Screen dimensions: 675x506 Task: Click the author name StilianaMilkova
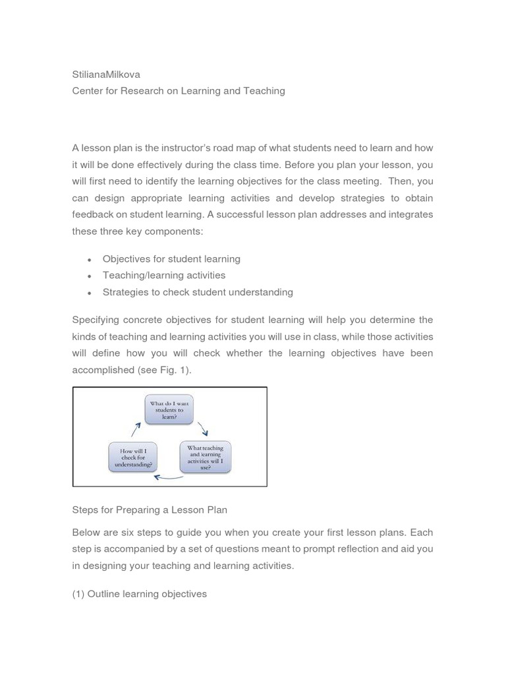pos(106,74)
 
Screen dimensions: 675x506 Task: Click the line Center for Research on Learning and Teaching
pos(179,91)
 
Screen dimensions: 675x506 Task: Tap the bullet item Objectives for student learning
pos(171,259)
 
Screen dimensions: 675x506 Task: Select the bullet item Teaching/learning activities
pos(164,276)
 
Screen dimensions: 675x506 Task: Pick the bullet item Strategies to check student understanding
pos(198,292)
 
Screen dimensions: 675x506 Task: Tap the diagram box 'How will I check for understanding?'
pos(133,456)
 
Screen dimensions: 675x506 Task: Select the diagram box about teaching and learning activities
pos(206,456)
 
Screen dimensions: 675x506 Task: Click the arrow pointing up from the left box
pos(136,428)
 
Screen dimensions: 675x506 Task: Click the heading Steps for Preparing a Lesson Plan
pos(150,510)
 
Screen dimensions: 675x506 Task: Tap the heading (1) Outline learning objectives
pos(140,594)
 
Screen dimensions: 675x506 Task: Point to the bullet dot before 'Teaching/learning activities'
pos(88,276)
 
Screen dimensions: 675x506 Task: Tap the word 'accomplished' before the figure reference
pos(103,370)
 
